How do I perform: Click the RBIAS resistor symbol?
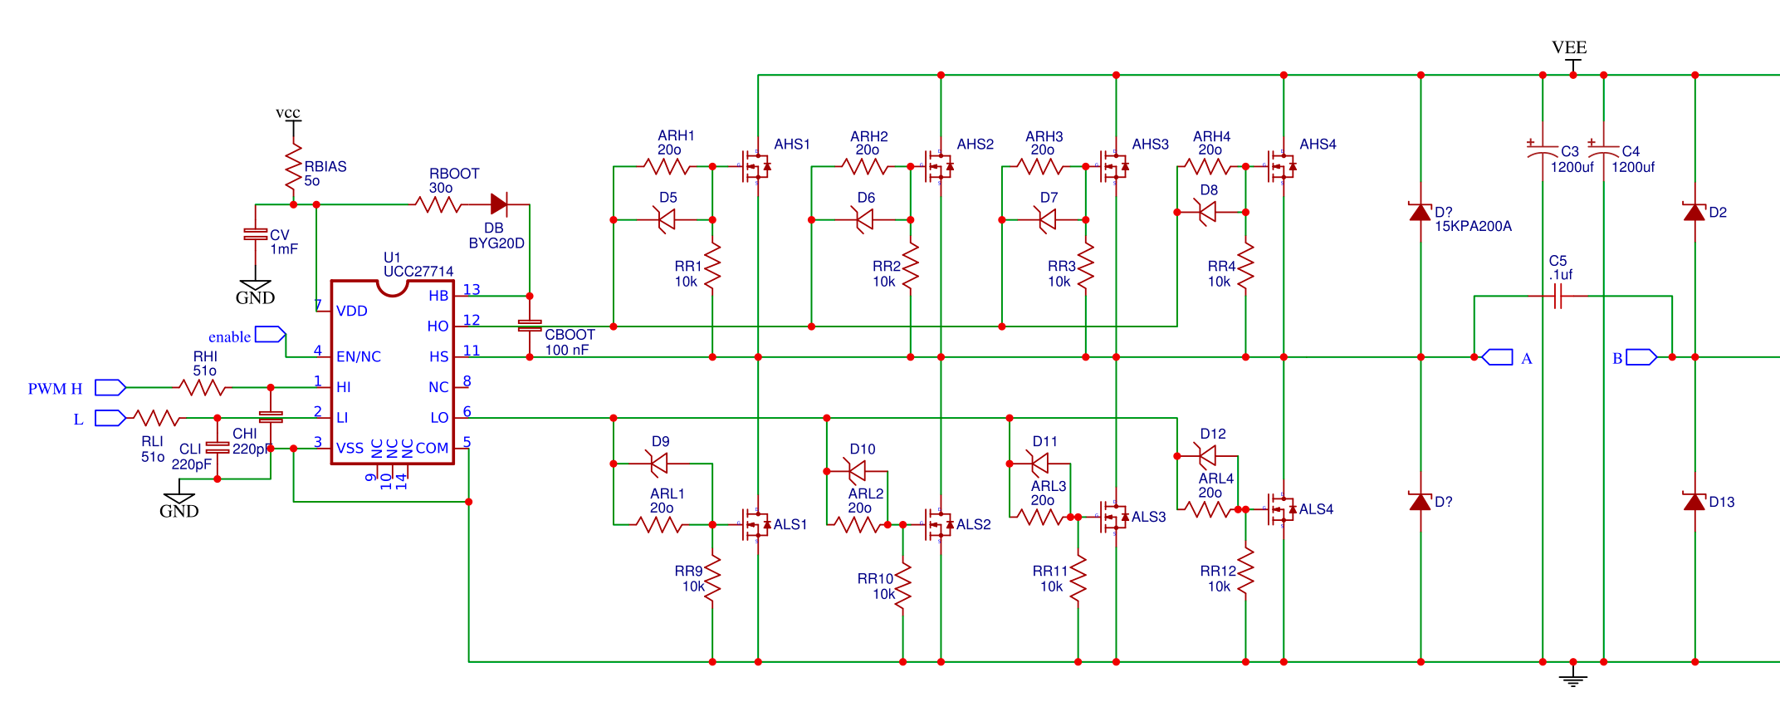click(293, 168)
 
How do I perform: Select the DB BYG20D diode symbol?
click(499, 204)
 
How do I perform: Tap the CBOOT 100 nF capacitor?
click(530, 326)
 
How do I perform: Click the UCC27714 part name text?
click(418, 272)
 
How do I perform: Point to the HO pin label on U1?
click(438, 326)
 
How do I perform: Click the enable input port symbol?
click(270, 335)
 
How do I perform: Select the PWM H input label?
click(55, 389)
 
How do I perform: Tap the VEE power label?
click(1569, 47)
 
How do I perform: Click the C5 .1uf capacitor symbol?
click(1558, 296)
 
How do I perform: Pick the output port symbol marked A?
click(1497, 357)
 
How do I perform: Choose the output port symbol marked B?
click(1641, 357)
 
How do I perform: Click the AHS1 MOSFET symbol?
click(756, 166)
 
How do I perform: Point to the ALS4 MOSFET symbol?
click(1282, 509)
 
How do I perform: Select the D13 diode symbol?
click(1694, 501)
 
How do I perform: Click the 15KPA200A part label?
click(1473, 226)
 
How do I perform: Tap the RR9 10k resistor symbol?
click(712, 577)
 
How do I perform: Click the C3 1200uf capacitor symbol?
click(1543, 152)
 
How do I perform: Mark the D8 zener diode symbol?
click(1208, 213)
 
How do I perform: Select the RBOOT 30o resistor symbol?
click(438, 204)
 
